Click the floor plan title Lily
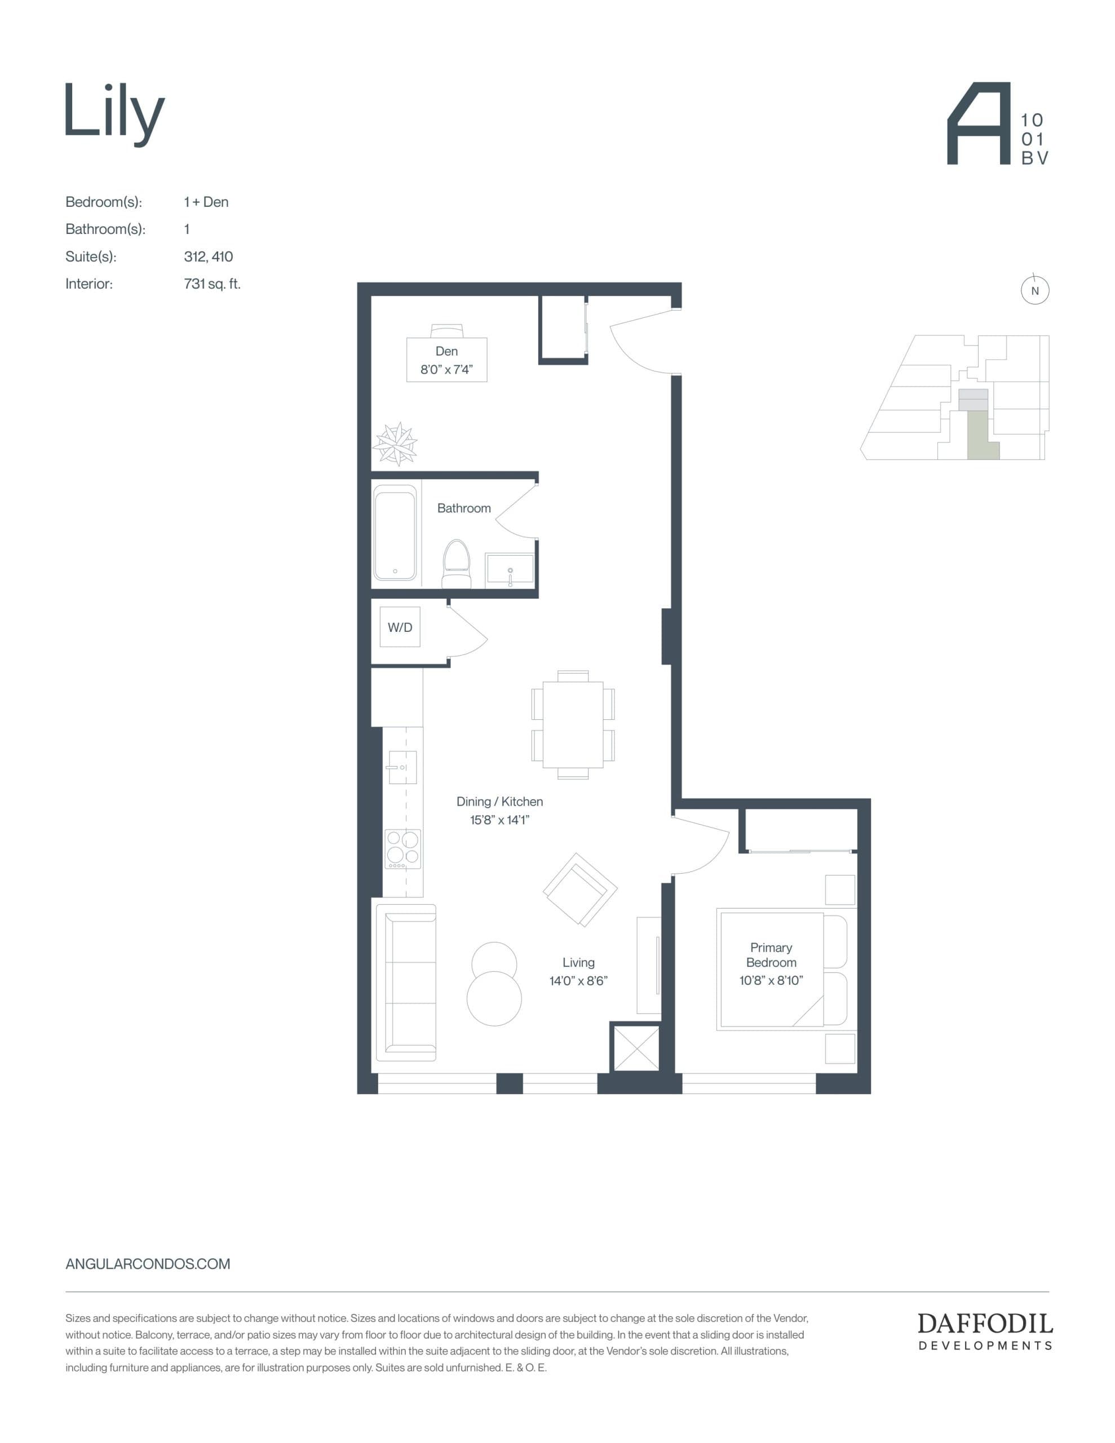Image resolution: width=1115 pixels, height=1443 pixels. (x=114, y=112)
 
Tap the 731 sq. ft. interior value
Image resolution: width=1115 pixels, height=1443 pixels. (x=212, y=284)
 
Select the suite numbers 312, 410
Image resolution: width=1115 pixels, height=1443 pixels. (x=208, y=256)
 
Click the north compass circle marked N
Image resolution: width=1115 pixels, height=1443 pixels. (x=1034, y=291)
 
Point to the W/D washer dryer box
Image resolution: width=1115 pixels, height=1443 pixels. (x=400, y=627)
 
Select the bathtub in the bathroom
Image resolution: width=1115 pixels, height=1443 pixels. (x=395, y=533)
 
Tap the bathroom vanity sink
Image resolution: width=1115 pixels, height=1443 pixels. (x=510, y=569)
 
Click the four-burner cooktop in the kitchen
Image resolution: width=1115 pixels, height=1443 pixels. (x=403, y=848)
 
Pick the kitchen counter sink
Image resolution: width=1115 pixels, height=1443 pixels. (x=402, y=767)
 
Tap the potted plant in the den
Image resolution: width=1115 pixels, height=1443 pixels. (x=395, y=444)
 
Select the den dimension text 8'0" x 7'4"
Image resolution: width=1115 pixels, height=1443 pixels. (x=447, y=369)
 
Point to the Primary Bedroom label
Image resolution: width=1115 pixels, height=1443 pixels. (x=771, y=955)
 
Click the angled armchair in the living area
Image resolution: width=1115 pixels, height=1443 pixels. (x=579, y=889)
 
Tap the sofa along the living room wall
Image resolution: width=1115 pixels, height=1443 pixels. (x=406, y=982)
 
